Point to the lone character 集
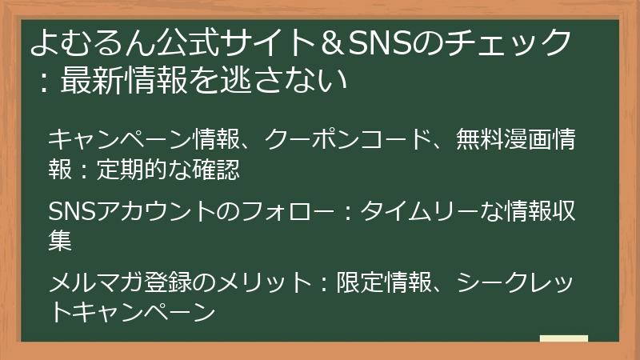click(60, 241)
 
